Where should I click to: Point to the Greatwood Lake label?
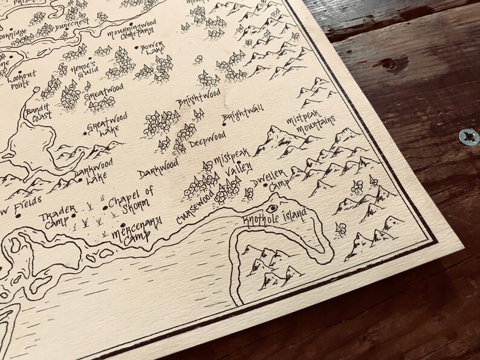click(x=102, y=129)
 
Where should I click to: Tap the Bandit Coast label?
click(x=37, y=112)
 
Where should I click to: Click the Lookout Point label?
click(x=22, y=79)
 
